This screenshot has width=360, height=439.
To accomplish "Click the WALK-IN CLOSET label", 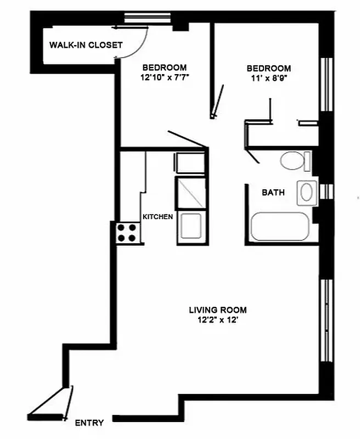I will (x=86, y=45).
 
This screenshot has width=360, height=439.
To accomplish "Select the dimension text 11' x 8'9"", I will (x=268, y=78).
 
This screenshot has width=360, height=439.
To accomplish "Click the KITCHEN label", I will (x=158, y=217).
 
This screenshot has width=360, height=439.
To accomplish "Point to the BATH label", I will (x=273, y=193).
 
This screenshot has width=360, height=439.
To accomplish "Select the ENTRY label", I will (x=89, y=423).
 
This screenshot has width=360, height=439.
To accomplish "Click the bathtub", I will (x=280, y=227).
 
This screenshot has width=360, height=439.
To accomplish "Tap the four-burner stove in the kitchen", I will (x=127, y=233).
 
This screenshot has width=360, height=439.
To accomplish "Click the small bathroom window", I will (x=327, y=191).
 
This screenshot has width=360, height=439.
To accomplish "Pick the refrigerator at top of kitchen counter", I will (x=190, y=164).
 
